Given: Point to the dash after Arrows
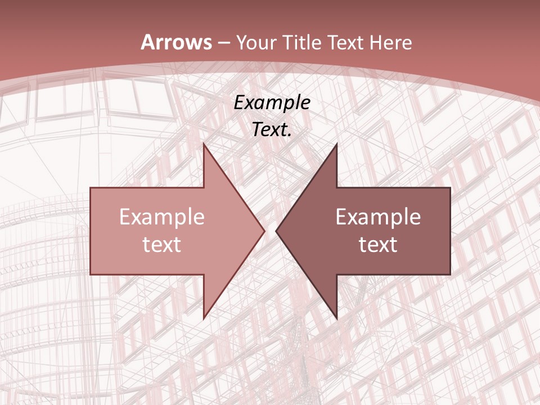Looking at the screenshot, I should coord(223,43).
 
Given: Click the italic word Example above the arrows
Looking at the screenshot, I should coord(272,102).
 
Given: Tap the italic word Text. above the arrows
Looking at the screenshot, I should coord(272,129).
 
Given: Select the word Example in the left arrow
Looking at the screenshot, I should coord(162,217).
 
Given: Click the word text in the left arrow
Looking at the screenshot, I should coord(162,244).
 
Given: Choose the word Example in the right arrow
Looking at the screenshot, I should coord(378,217).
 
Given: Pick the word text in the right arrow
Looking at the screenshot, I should coord(378,244).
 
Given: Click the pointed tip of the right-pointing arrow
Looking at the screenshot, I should coord(264,231).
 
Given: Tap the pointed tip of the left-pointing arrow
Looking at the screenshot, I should coord(276,231).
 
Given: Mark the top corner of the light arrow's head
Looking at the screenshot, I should coord(204,143).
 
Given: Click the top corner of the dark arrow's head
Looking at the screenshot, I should coord(336,143).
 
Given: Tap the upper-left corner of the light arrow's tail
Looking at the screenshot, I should coord(91,188).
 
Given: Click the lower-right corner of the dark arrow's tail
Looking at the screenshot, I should coord(450,274).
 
